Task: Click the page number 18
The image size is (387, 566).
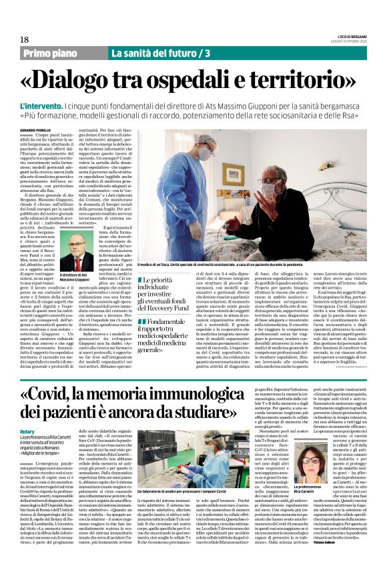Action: click(15, 41)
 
